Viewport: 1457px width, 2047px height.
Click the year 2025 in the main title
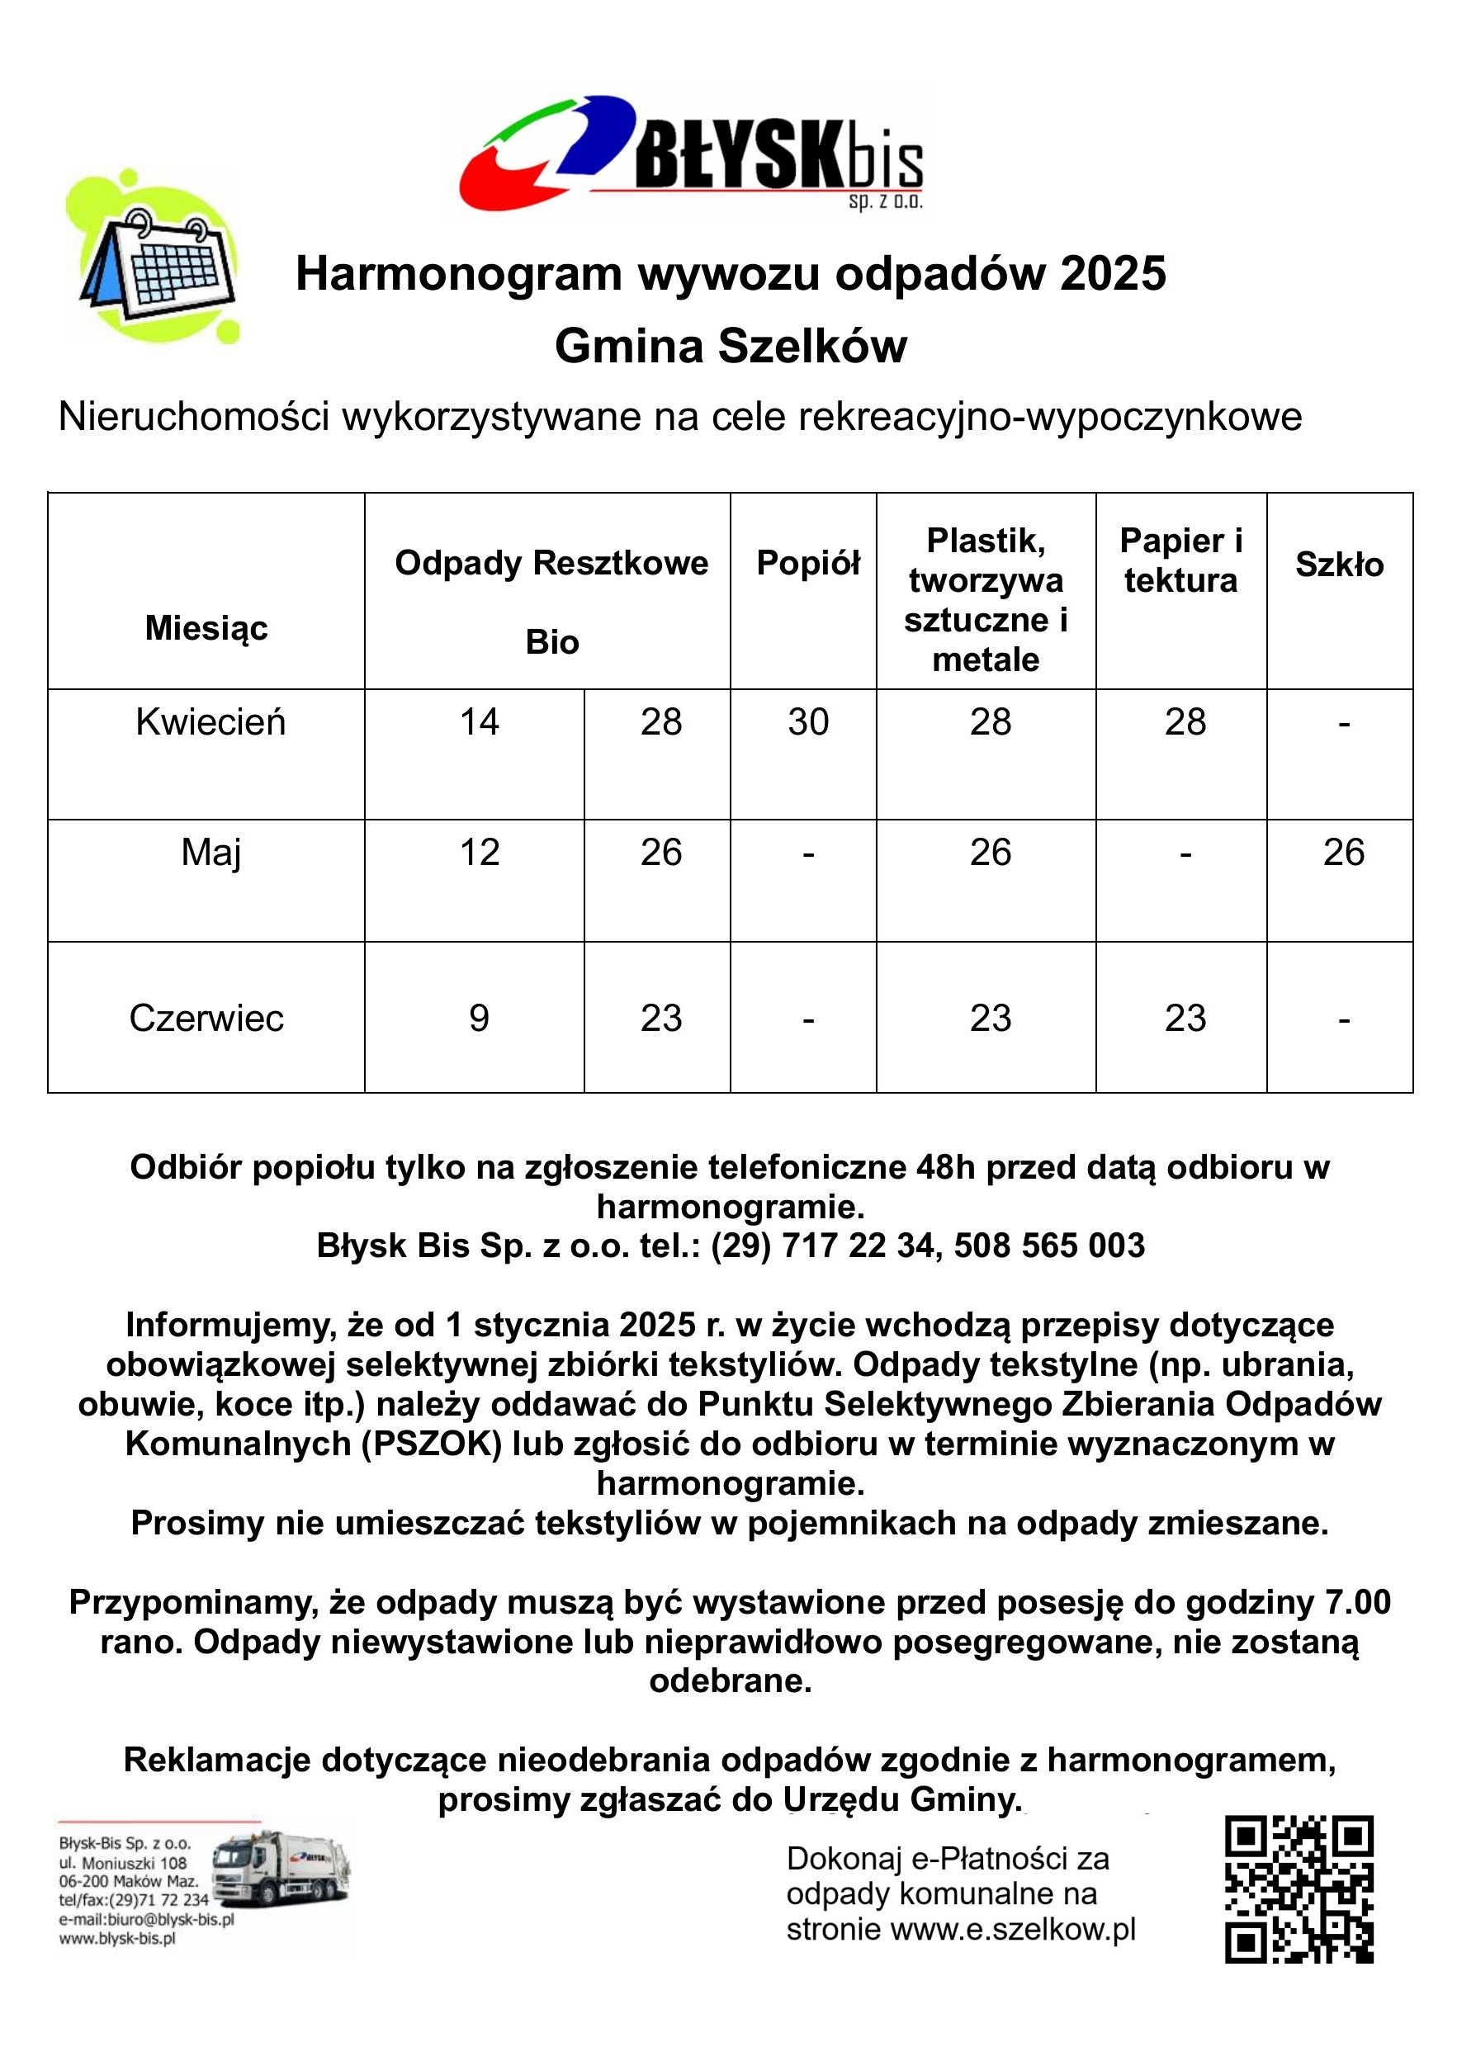point(1113,273)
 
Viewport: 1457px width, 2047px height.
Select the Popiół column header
point(807,563)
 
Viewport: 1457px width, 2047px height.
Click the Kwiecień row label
point(210,722)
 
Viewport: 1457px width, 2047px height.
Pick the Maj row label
point(210,852)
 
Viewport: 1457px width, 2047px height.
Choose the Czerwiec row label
point(206,1018)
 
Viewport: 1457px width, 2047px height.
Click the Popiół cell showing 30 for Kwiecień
point(807,722)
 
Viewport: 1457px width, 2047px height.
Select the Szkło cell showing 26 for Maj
point(1343,852)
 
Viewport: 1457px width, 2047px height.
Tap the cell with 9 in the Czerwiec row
point(479,1018)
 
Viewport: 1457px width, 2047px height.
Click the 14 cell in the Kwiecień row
point(479,722)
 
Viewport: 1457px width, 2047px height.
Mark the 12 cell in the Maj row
point(479,852)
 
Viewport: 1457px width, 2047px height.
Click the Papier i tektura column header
point(1180,560)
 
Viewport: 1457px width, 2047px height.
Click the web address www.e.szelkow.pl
point(1013,1929)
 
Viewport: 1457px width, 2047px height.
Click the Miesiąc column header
point(206,628)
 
